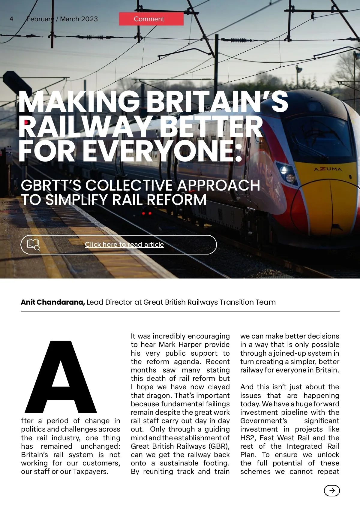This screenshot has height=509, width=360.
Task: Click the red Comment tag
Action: [151, 19]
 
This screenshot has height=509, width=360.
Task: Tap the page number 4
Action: [11, 19]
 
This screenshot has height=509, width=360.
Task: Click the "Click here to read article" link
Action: [124, 244]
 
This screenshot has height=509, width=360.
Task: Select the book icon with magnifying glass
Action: [33, 244]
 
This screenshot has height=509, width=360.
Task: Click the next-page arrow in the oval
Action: [332, 491]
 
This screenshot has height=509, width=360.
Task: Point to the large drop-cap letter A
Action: [61, 377]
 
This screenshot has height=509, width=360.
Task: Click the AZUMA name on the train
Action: [328, 169]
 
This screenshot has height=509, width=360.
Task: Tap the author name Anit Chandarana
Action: [53, 302]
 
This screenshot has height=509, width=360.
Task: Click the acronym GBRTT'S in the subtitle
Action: [51, 185]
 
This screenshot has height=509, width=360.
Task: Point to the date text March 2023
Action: [79, 19]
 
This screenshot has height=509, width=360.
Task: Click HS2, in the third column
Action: [248, 438]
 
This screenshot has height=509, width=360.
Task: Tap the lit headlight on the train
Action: [289, 178]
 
